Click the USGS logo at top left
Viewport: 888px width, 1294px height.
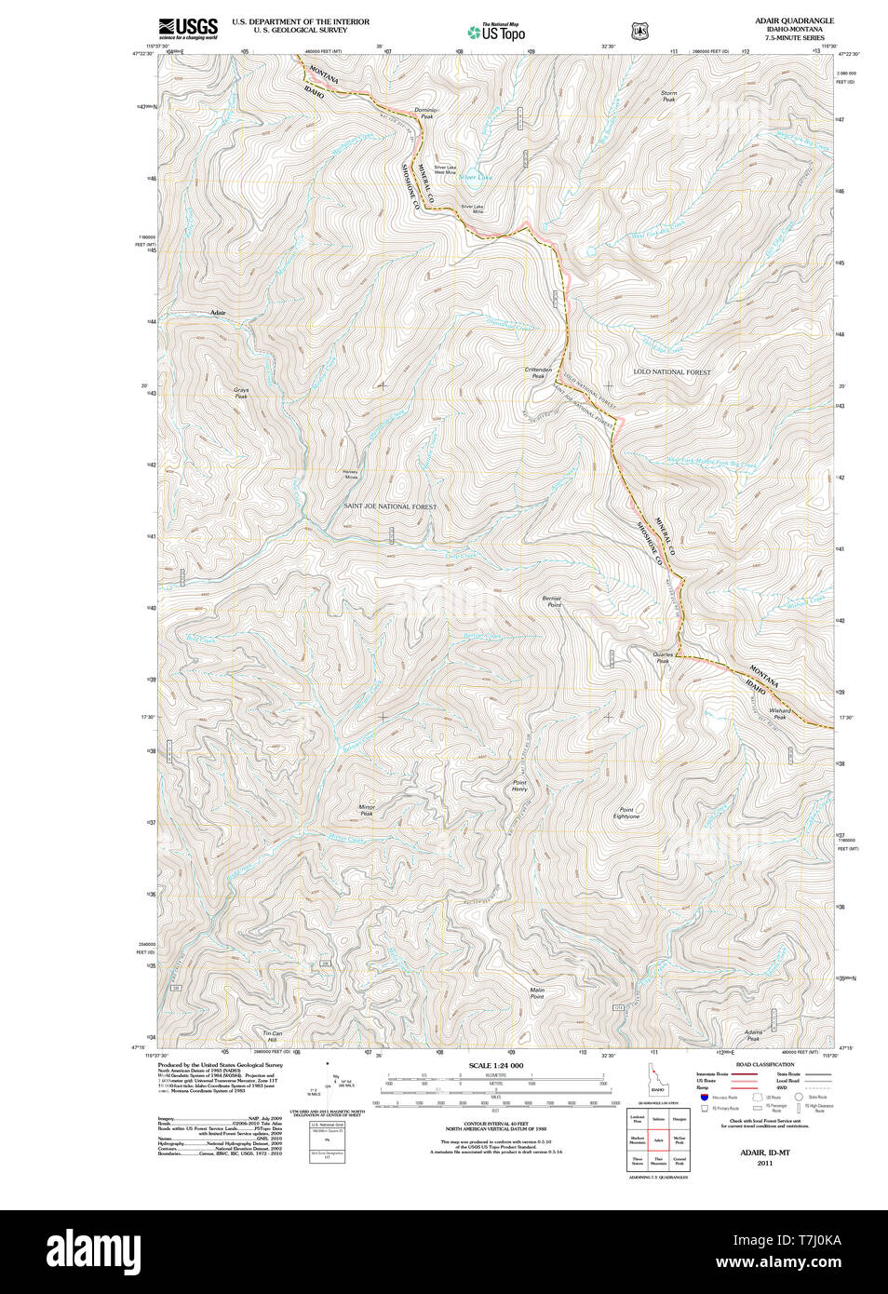188,28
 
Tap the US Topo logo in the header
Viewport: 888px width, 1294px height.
497,32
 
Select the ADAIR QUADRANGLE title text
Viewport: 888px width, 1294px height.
794,20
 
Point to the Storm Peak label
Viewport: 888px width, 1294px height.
668,96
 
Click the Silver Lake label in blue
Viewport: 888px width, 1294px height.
476,177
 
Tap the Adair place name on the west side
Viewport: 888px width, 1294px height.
218,313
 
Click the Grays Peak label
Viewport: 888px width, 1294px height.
241,393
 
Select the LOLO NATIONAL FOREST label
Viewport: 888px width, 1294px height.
671,371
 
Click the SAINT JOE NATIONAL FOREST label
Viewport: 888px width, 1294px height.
390,506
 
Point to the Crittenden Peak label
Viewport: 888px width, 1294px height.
538,372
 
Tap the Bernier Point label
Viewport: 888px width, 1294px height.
553,601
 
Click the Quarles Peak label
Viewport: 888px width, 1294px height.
663,657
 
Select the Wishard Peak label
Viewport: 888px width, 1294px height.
779,713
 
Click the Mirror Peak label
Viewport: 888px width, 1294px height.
367,810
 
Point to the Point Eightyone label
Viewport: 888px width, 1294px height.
626,813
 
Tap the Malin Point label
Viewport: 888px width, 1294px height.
537,993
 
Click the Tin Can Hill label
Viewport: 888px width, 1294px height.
272,1036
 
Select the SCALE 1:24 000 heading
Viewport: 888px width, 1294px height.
496,1065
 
